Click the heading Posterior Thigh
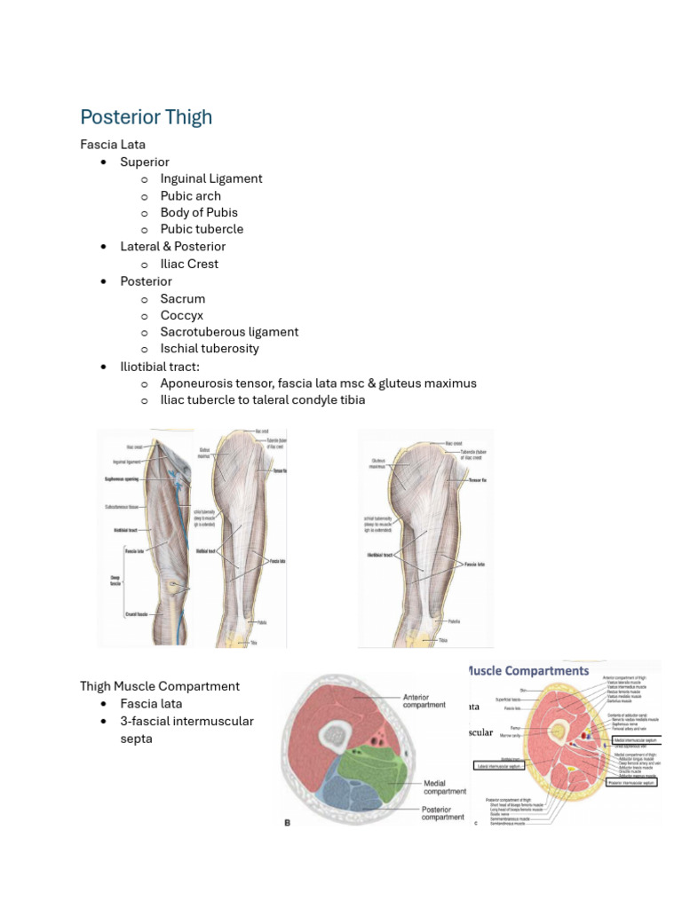[x=146, y=117]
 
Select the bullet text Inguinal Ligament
[x=211, y=178]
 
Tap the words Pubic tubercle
[x=202, y=229]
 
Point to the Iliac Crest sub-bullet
[x=189, y=264]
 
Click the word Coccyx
[x=182, y=315]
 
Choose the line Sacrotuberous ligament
[x=229, y=332]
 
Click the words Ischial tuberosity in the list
[x=210, y=349]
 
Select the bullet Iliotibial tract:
[x=164, y=367]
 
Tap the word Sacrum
[x=183, y=298]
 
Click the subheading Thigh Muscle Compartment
[x=160, y=686]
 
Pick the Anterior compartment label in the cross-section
[x=424, y=700]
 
